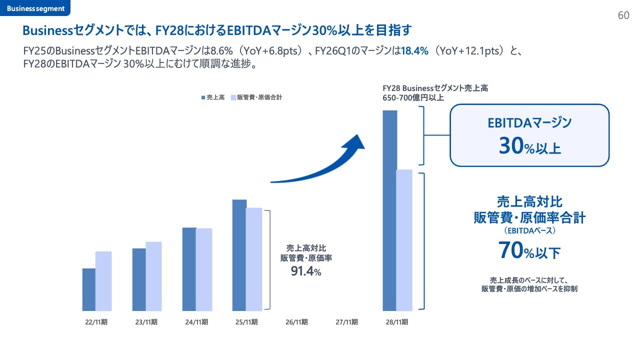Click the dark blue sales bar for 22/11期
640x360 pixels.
point(89,289)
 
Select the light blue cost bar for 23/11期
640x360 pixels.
point(153,276)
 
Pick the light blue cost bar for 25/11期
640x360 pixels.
point(254,259)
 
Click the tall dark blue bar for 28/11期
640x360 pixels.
point(390,210)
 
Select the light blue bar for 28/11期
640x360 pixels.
point(404,240)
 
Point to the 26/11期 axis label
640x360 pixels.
point(296,322)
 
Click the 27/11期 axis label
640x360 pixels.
point(346,322)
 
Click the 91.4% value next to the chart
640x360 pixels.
point(306,271)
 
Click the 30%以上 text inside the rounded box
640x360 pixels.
point(529,146)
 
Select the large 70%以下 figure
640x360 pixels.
point(529,250)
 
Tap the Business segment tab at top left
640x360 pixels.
point(35,8)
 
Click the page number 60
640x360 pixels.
point(623,15)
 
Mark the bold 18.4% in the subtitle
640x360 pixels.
point(414,51)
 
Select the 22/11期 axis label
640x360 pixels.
point(96,322)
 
